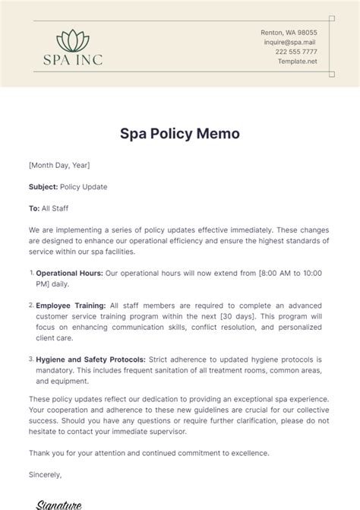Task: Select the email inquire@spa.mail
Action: (x=289, y=43)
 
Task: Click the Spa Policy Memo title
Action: (x=180, y=134)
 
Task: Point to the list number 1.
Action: (x=31, y=271)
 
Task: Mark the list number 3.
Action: (x=31, y=358)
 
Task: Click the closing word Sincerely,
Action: (x=46, y=475)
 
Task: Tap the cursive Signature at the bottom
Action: (x=61, y=503)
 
